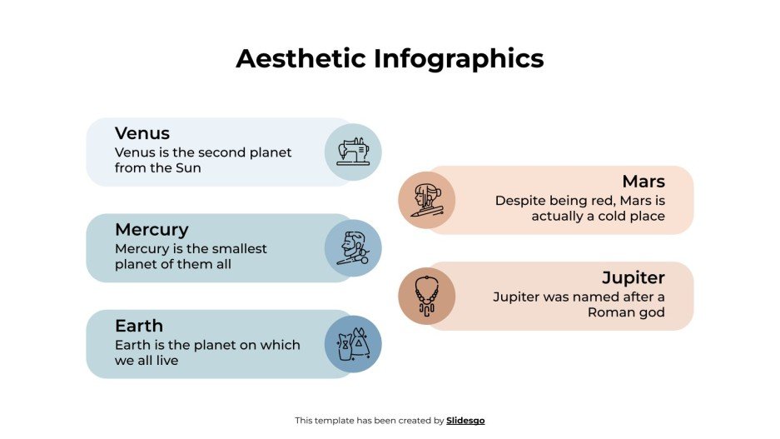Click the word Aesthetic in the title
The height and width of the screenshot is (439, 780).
(301, 58)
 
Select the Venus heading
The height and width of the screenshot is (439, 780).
(142, 133)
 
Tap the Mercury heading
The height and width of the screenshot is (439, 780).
(152, 229)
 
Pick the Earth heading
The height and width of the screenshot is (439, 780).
(139, 326)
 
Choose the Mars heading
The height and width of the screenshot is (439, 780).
(643, 182)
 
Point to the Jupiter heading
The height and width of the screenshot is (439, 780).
(633, 277)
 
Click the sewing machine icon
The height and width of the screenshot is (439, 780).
(353, 152)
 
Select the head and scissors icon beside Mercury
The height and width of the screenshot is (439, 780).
(353, 248)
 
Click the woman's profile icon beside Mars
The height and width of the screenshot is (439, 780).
(426, 200)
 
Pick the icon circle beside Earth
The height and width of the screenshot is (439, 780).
(353, 344)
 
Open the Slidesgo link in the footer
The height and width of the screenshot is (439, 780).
(465, 421)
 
